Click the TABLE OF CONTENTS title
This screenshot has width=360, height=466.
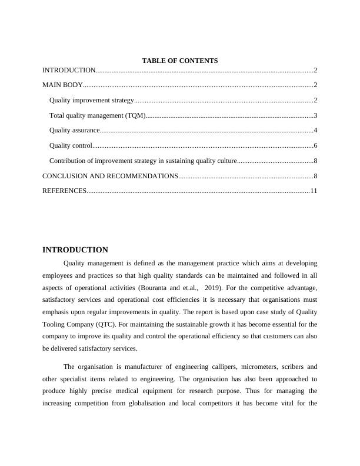pyautogui.click(x=179, y=61)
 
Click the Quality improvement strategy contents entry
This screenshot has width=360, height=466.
pyautogui.click(x=92, y=101)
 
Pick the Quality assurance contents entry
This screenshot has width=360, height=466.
pyautogui.click(x=75, y=131)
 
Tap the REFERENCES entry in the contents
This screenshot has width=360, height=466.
pyautogui.click(x=64, y=191)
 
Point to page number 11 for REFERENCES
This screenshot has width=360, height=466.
pyautogui.click(x=314, y=191)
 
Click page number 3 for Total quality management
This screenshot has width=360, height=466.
pyautogui.click(x=315, y=116)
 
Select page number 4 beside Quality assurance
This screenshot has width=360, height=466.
pyautogui.click(x=315, y=131)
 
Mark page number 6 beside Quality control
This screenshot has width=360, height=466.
pyautogui.click(x=315, y=146)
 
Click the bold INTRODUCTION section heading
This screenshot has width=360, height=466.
pyautogui.click(x=75, y=250)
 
